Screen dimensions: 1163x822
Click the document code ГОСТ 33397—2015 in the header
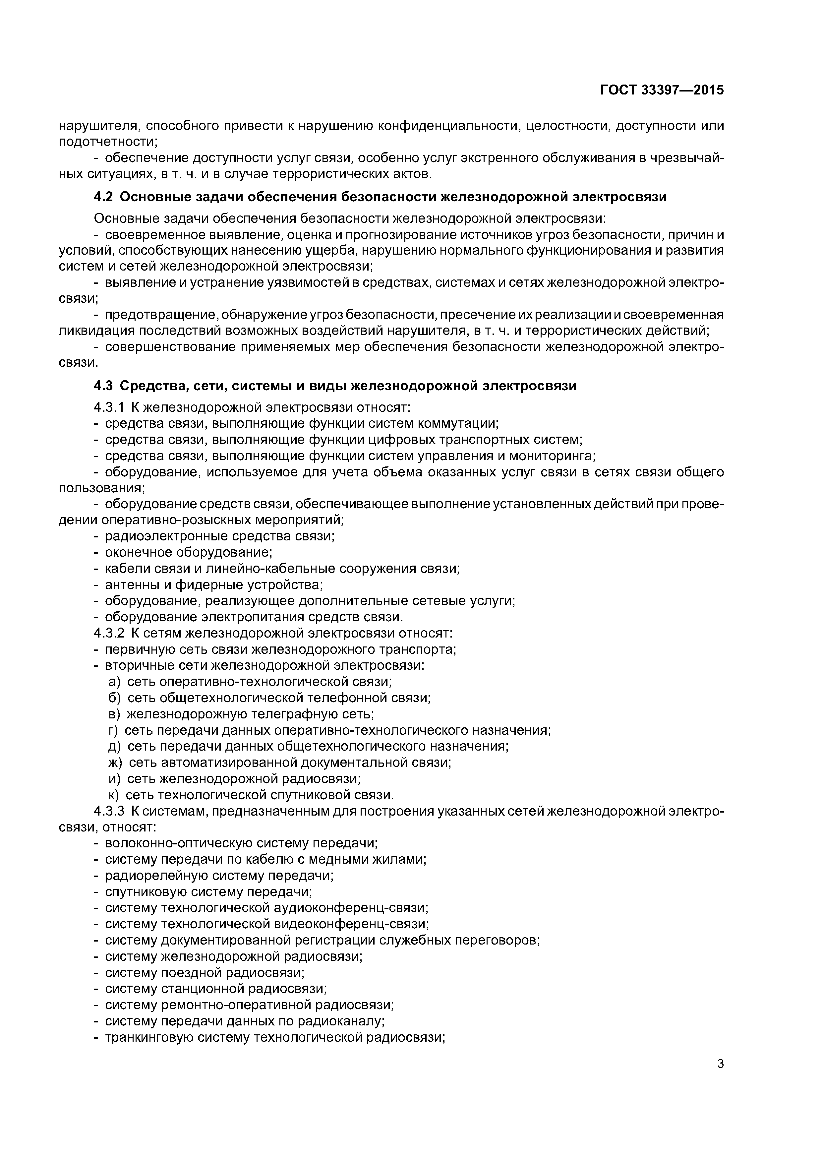pos(662,90)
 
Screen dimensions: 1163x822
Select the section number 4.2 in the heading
pos(104,197)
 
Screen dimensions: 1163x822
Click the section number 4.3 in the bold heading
pos(104,386)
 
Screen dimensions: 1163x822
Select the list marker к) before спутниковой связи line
pos(114,795)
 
